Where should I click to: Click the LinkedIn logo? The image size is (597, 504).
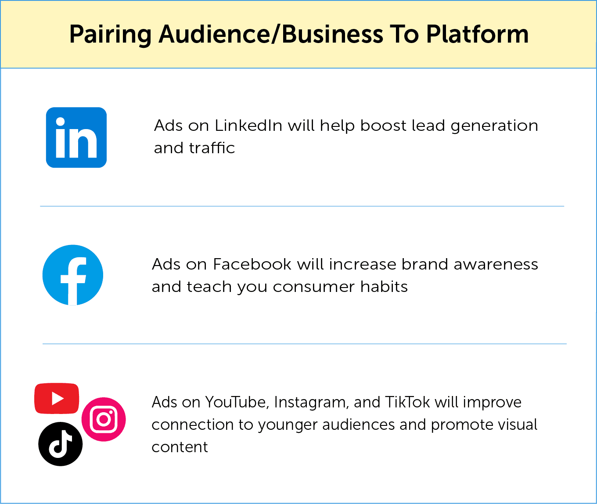(76, 137)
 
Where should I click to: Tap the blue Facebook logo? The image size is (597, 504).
(73, 275)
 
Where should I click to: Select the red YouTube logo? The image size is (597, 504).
(57, 398)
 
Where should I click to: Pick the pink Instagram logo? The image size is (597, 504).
(104, 419)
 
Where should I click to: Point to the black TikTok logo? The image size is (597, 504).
(61, 444)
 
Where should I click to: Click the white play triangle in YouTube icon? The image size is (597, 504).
(58, 398)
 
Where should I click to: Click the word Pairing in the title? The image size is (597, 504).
(110, 34)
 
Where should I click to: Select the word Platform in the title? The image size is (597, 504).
(477, 34)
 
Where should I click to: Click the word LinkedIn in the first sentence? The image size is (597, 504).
(248, 126)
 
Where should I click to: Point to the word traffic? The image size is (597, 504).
(212, 148)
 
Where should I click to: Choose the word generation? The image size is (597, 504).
(494, 126)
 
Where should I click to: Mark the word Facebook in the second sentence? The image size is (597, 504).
(252, 264)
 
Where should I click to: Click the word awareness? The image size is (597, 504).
(496, 264)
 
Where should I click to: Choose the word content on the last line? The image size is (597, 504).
(180, 447)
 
